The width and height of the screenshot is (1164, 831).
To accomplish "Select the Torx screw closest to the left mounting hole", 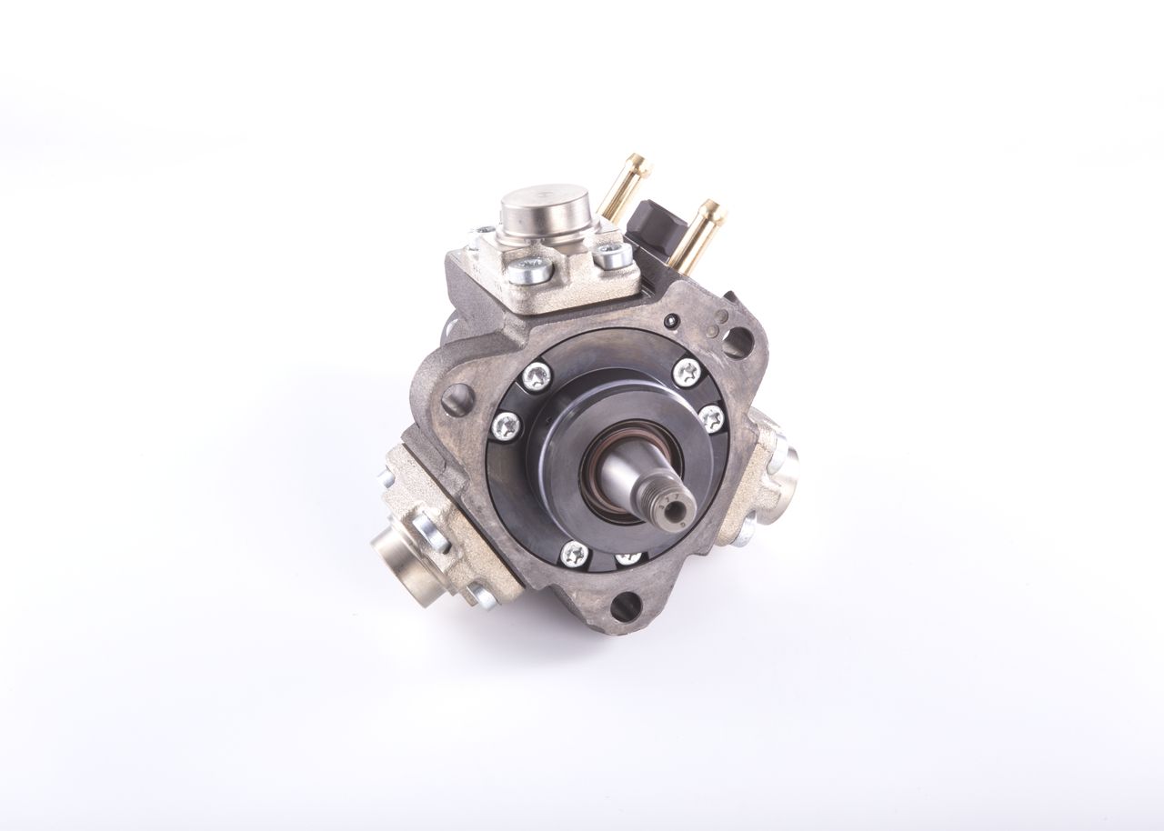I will (x=505, y=423).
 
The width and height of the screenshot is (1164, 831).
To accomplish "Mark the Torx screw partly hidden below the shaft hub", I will (x=628, y=557).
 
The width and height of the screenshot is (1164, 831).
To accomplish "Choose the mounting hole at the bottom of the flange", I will (x=623, y=604).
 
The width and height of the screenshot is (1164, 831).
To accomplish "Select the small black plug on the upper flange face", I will (x=670, y=320).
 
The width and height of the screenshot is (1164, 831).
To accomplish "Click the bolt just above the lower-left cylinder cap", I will (x=425, y=525).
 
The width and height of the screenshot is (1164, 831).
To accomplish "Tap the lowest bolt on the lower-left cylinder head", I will (x=480, y=596).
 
